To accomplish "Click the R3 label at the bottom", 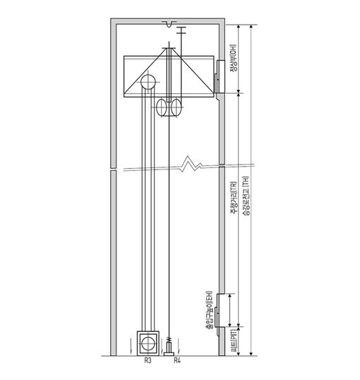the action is [148, 361].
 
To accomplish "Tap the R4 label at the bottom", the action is [177, 361].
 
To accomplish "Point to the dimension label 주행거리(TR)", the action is [234, 198].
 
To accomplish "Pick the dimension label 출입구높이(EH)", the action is [209, 309].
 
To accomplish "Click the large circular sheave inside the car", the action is [148, 82].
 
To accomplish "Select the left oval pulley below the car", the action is [162, 107].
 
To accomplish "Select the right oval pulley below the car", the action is [176, 107].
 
